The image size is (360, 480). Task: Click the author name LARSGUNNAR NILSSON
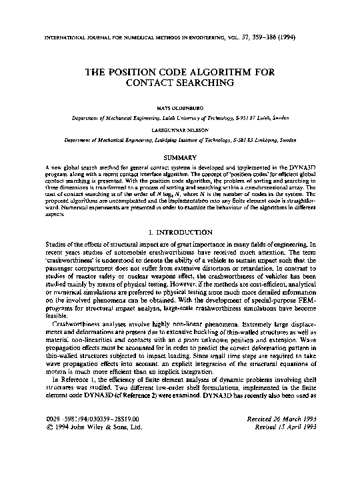179,131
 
